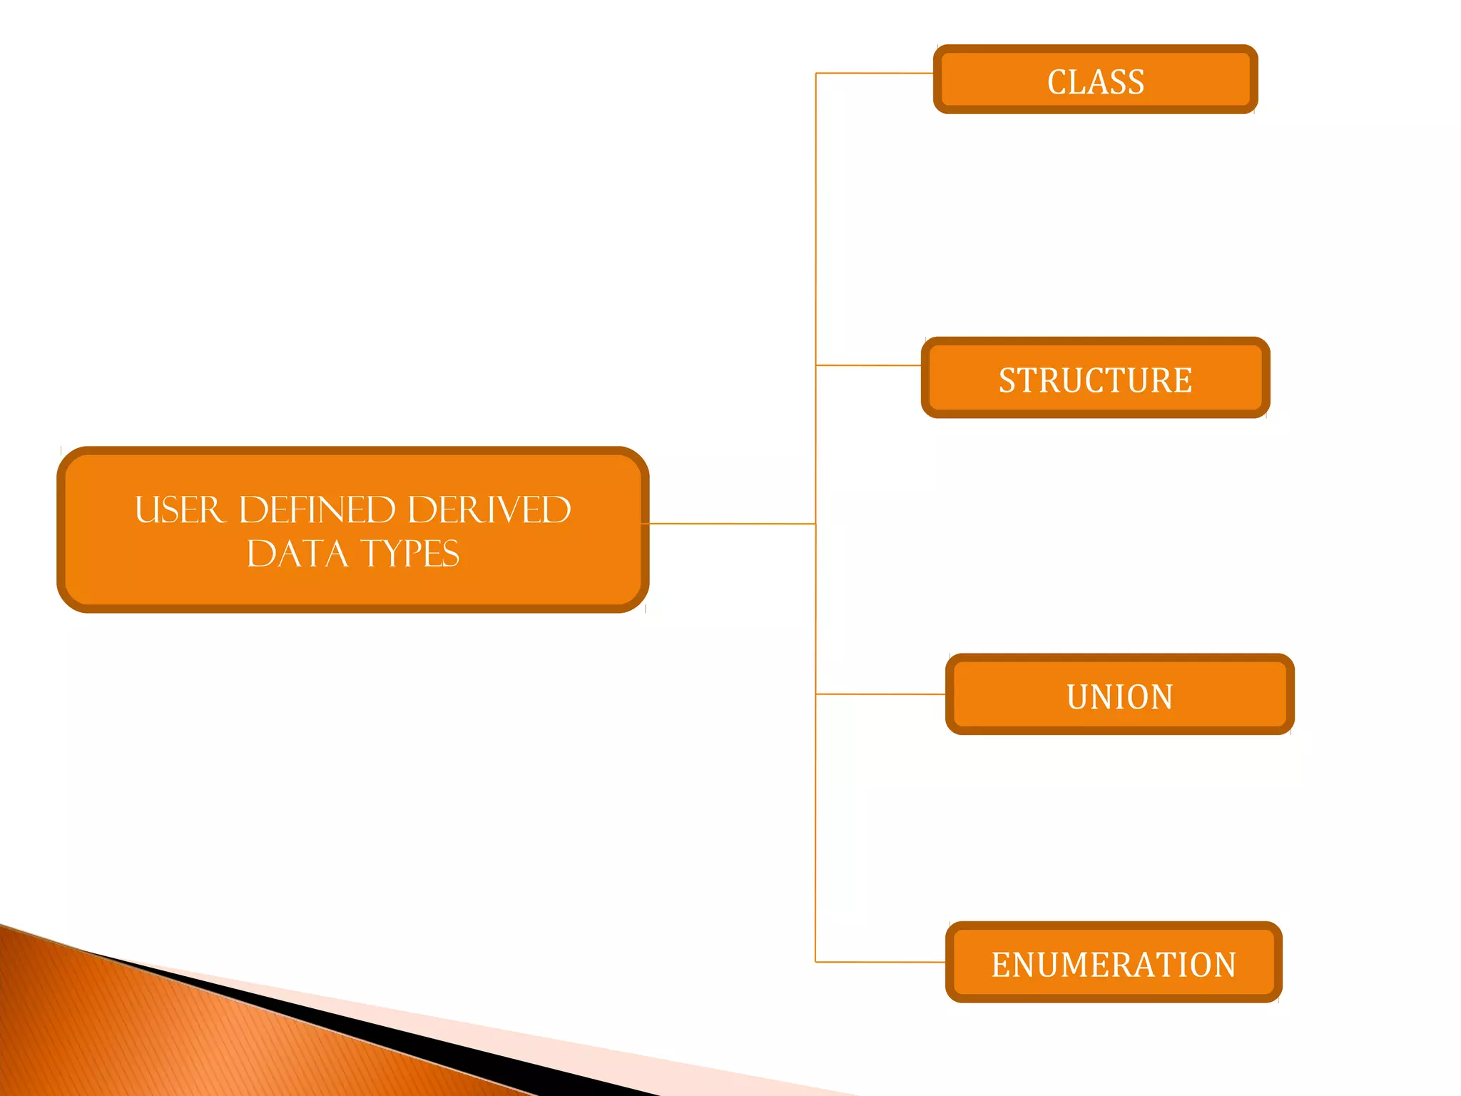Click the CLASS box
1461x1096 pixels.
1095,80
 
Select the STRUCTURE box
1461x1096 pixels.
1095,378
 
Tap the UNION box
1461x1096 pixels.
1119,695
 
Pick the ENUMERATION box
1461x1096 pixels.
1113,963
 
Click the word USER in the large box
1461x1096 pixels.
179,510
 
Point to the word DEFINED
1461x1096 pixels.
317,510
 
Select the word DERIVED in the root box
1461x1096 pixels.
489,510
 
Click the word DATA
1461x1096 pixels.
297,554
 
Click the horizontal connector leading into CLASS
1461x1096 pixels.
875,73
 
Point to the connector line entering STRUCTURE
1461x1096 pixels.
869,365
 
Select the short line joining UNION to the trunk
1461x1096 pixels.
881,694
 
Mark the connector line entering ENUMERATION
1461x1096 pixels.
881,962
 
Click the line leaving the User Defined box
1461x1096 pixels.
731,524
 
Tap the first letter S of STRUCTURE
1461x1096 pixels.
1007,380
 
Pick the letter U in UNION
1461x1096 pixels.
1076,697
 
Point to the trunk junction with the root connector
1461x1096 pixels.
815,524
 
